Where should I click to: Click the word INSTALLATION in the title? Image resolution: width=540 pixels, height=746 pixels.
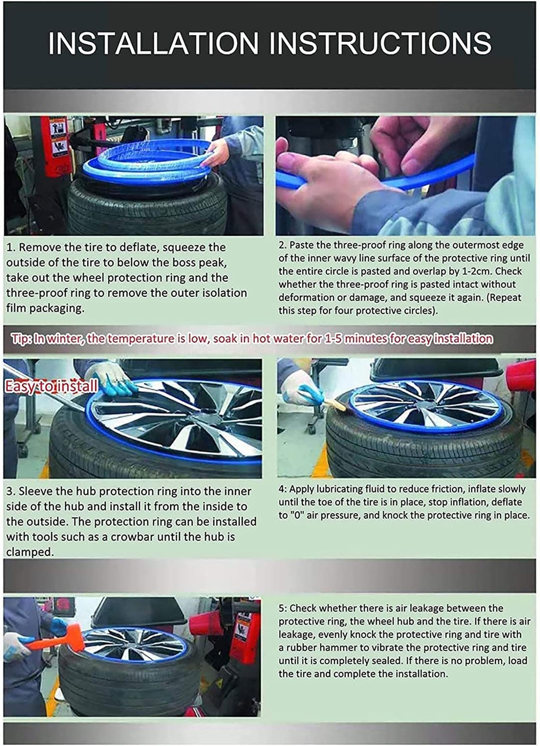(x=153, y=43)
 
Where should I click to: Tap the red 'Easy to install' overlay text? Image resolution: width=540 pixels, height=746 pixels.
(x=51, y=386)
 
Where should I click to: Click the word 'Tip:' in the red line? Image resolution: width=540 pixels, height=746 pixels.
(x=22, y=338)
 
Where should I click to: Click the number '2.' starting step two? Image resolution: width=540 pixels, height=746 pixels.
(x=283, y=245)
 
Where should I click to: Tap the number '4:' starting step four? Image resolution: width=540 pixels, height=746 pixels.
(x=283, y=489)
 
